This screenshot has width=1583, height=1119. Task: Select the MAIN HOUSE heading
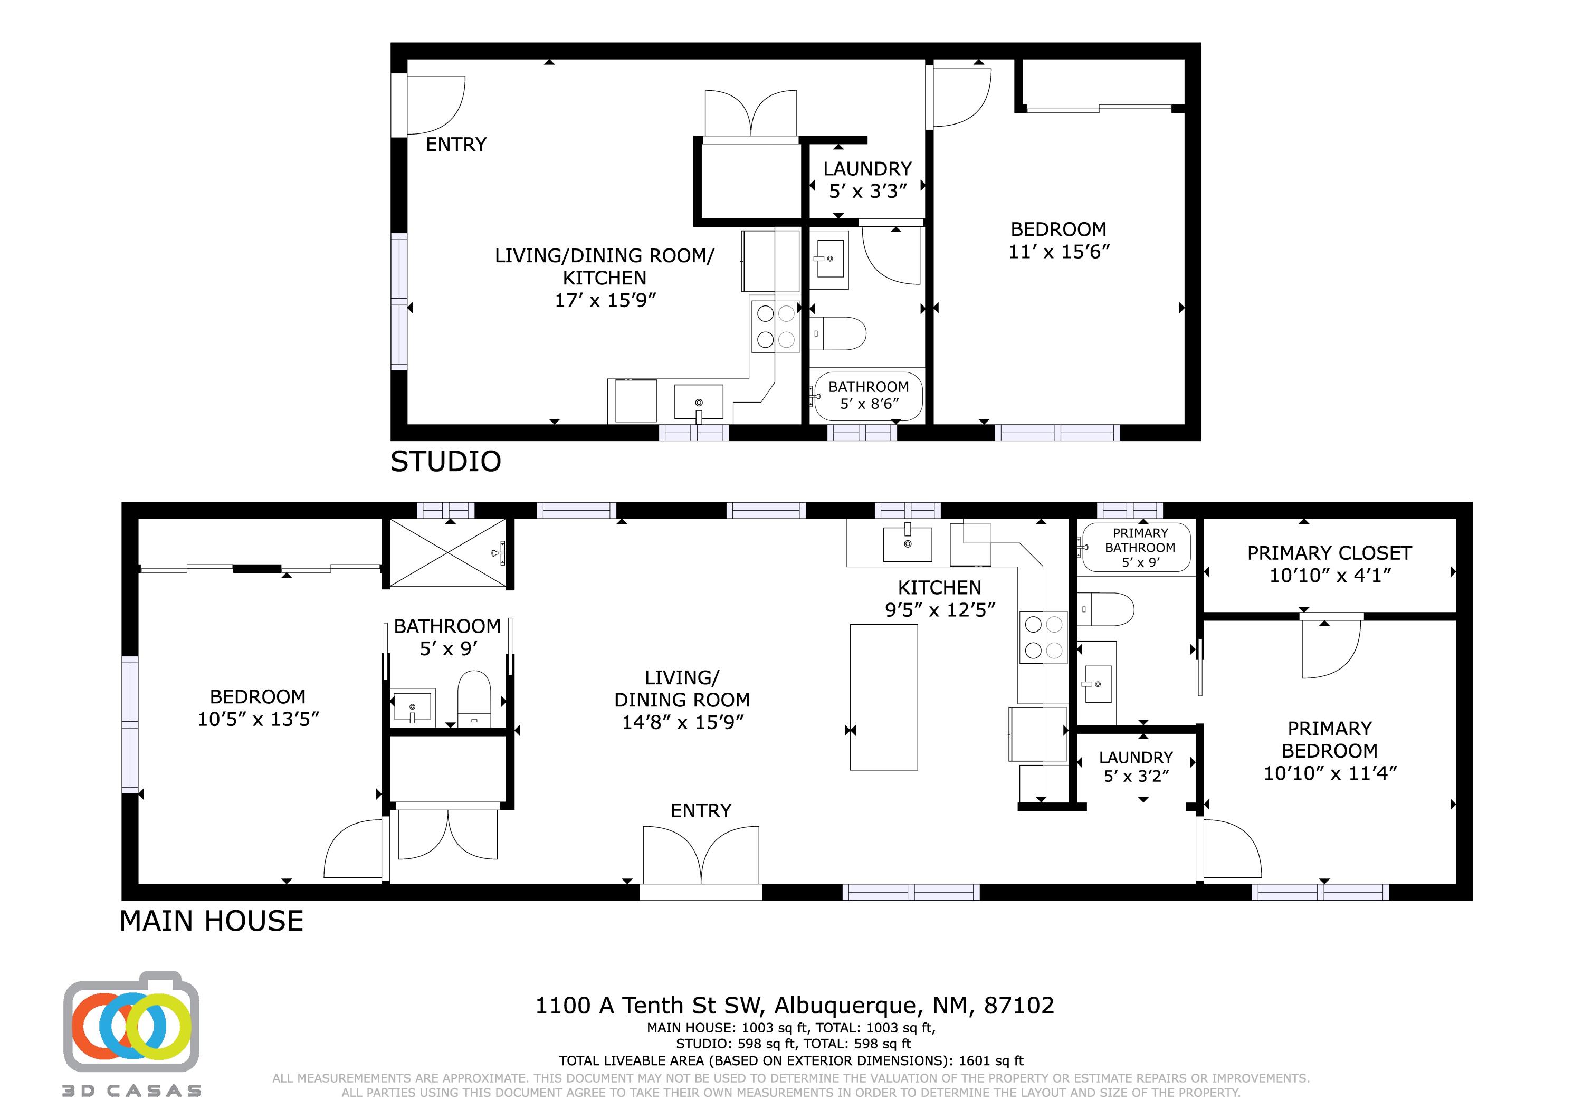pos(212,921)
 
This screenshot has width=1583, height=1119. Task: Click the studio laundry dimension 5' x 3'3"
pos(867,191)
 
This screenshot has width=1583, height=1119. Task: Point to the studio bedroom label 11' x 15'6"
pos(1059,252)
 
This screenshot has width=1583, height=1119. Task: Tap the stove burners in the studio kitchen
pos(776,326)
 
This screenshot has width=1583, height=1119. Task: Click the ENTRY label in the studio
pos(456,144)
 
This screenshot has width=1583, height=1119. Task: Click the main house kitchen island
pos(884,697)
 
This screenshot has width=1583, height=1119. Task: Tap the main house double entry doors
pos(701,855)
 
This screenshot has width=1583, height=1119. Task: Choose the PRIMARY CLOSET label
pos(1329,553)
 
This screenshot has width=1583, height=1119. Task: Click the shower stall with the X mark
pos(448,553)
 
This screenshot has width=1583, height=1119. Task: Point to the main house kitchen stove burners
pos(1044,637)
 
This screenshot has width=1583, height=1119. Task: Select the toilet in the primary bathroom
pos(1106,609)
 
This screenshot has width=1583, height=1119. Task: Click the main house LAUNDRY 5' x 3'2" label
pos(1136,767)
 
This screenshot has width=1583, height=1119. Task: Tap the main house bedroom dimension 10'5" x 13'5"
pos(259,719)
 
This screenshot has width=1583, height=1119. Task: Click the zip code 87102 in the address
pos(1019,1006)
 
